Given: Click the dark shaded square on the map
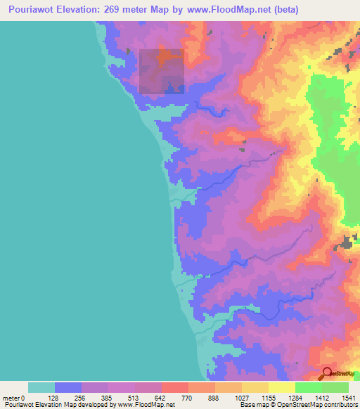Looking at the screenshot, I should (161, 71).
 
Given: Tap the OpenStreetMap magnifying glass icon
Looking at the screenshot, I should (327, 373).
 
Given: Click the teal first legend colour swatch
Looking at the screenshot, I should (41, 387).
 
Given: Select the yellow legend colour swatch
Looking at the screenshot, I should (281, 387).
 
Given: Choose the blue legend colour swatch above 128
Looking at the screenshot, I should (68, 387).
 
